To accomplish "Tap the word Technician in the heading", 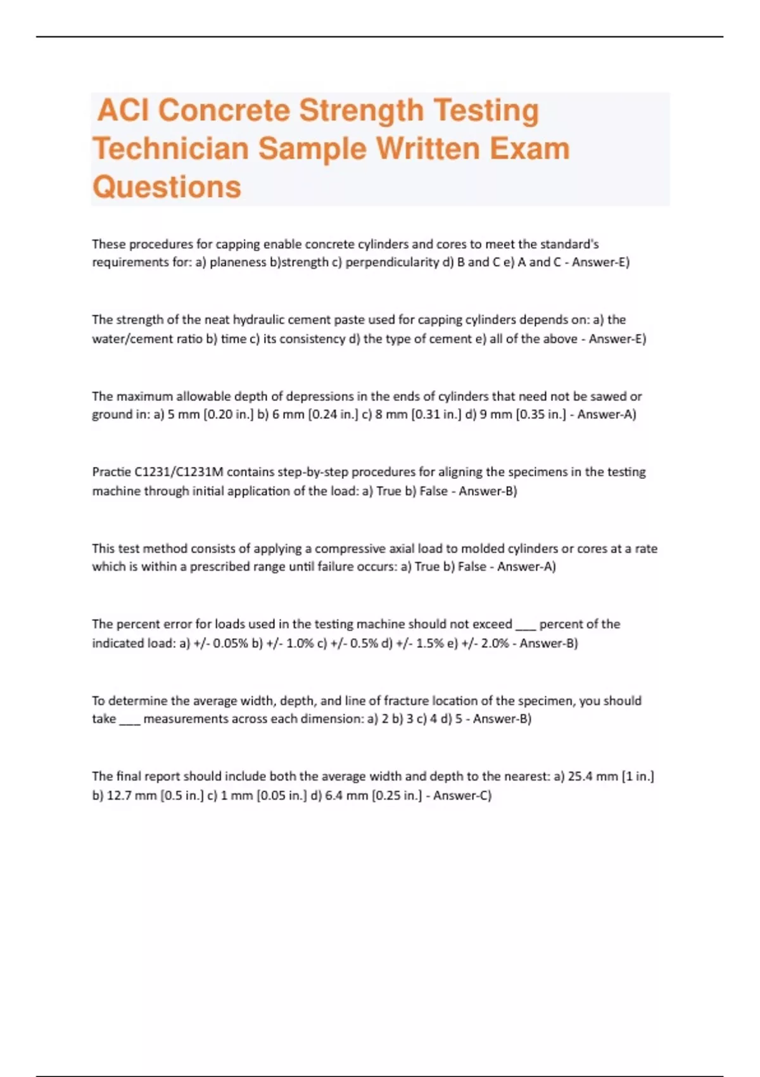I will [170, 150].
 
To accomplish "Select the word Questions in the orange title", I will [167, 188].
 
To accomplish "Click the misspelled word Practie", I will [111, 472].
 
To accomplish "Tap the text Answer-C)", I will [462, 796].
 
